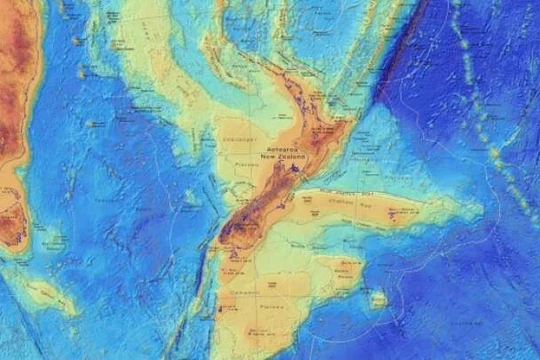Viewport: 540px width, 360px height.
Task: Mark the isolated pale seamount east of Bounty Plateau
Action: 378,298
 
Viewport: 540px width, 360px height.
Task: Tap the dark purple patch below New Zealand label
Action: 296,170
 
